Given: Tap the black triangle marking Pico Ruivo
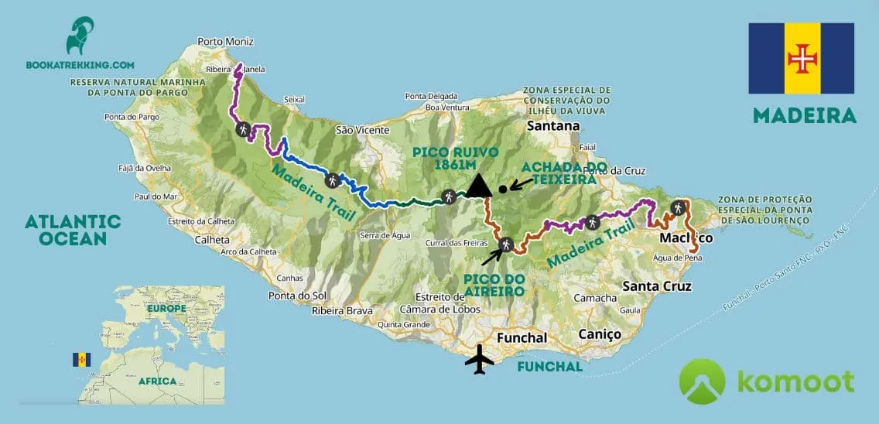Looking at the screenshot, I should coord(479,184).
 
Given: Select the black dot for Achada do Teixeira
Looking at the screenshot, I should coord(503,188).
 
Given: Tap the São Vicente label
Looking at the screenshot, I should coord(362,130).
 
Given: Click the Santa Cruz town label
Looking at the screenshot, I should coord(657,286).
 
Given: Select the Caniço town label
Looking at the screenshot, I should coord(600,334).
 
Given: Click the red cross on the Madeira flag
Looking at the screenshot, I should coord(801,59).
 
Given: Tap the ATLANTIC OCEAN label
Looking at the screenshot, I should coord(73,230).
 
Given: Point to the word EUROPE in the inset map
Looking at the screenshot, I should coord(166,308).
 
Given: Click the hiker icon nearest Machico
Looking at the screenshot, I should coord(679,207).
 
